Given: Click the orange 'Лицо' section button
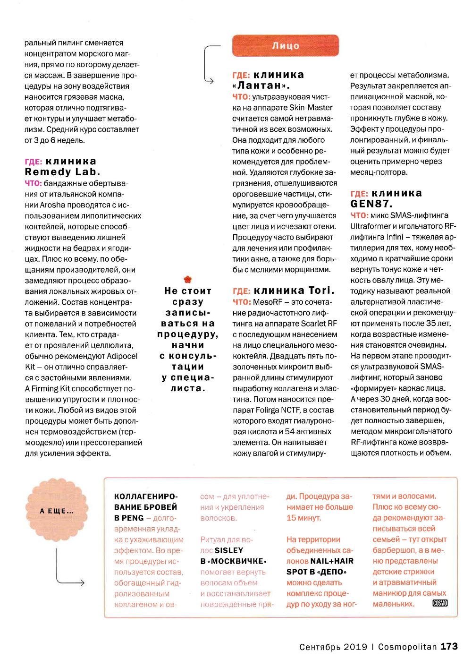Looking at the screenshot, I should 285,46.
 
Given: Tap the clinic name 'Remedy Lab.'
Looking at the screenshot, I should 62,172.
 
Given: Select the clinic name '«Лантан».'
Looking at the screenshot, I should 261,86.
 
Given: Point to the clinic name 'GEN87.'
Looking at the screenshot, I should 371,204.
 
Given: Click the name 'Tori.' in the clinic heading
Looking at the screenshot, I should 321,291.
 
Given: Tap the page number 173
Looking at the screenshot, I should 449,646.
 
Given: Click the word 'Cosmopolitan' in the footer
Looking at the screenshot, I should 407,647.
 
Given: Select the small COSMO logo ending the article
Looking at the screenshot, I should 440,603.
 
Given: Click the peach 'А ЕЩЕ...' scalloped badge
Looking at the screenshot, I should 57,511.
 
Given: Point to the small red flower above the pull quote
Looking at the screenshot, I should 188,279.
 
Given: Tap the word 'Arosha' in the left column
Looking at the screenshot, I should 52,205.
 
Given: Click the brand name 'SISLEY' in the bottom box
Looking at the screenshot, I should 229,550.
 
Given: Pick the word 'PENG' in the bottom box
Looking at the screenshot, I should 133,518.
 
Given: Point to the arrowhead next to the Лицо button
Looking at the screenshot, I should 211,81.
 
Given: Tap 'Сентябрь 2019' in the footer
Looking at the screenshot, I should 333,647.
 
